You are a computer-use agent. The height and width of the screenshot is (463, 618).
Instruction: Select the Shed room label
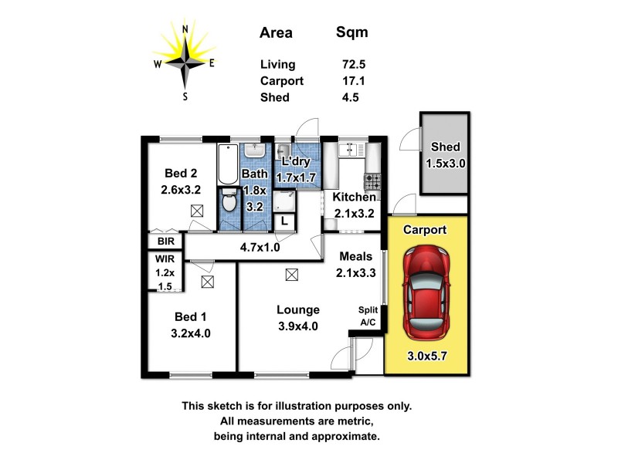pyautogui.click(x=446, y=147)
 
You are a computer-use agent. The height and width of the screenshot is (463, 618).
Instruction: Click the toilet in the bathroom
pyautogui.click(x=229, y=202)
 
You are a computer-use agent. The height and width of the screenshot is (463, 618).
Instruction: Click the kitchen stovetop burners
pyautogui.click(x=373, y=182)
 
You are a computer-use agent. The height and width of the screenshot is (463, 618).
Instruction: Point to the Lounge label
pyautogui.click(x=298, y=310)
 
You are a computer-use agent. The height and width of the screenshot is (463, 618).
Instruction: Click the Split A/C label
pyautogui.click(x=368, y=316)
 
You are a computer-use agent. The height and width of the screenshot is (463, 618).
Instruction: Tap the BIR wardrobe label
pyautogui.click(x=166, y=242)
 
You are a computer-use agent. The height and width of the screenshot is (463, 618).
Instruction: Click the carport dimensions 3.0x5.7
pyautogui.click(x=426, y=357)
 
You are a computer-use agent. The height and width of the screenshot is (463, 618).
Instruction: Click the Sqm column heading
pyautogui.click(x=351, y=32)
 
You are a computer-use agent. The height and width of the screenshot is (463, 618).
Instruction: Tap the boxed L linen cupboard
pyautogui.click(x=284, y=221)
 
